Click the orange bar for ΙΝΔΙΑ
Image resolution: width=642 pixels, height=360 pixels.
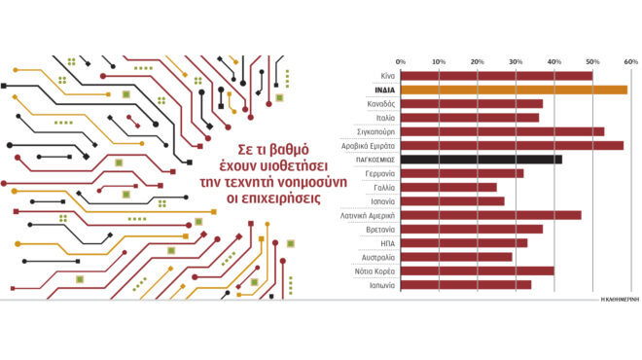[x=514, y=90]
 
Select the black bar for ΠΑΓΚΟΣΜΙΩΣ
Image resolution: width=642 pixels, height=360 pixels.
[x=481, y=160]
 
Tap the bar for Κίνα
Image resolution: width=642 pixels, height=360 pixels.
[x=496, y=76]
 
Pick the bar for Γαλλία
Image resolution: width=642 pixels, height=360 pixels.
[x=448, y=188]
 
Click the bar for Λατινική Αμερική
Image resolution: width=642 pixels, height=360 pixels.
[x=490, y=216]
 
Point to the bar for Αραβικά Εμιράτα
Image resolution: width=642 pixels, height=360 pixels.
[x=512, y=146]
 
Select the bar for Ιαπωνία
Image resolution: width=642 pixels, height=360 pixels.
[x=466, y=286]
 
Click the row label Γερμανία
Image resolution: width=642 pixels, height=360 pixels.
[x=379, y=173]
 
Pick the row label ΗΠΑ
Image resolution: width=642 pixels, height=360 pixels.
[x=386, y=243]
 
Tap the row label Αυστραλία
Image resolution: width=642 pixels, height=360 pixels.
[x=377, y=258]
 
